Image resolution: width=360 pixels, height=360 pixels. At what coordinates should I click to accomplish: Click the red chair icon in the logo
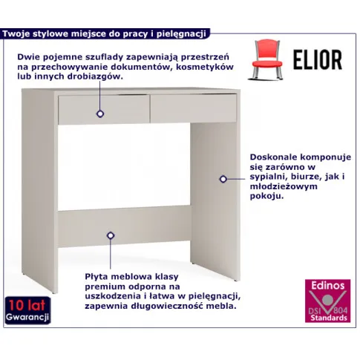point(266,60)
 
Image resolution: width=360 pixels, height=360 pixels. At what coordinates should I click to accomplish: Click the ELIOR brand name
point(318,60)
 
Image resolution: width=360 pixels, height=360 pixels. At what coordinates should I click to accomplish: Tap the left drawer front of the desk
point(104,109)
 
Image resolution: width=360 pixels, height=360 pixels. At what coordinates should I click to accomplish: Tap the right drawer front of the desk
point(194,108)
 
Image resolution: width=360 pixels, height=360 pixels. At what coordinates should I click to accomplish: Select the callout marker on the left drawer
point(100,114)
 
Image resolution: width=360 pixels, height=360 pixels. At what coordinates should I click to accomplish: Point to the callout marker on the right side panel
point(223,179)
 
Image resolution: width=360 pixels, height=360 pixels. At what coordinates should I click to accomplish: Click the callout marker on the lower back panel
point(111,235)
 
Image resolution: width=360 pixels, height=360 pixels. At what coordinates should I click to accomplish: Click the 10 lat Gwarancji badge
point(27,310)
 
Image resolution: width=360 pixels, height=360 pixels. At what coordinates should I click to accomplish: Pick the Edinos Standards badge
point(327,301)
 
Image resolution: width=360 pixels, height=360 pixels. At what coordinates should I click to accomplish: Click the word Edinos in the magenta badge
point(328,286)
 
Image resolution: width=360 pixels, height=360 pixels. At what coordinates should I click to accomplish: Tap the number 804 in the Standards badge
point(341,310)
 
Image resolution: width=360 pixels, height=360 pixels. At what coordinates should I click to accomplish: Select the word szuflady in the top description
point(105,57)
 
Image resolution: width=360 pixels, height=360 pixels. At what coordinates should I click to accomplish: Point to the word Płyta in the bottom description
point(96,277)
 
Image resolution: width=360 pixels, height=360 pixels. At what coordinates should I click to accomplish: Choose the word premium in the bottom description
point(105,287)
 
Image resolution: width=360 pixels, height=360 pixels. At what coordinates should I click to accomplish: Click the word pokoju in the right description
point(266,196)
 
